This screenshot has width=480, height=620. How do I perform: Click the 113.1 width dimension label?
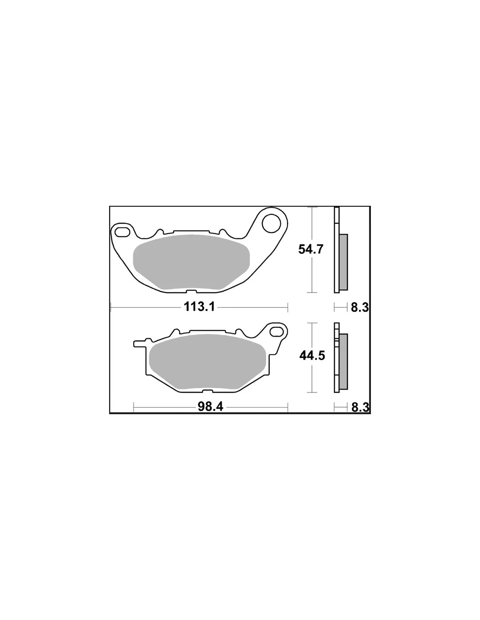[x=199, y=307]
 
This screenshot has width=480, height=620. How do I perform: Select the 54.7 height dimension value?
[x=311, y=249]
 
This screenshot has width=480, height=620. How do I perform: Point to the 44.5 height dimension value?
[x=312, y=356]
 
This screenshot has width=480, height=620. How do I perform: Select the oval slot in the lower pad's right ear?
[x=276, y=332]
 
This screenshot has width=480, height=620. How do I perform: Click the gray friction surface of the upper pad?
[x=192, y=262]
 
